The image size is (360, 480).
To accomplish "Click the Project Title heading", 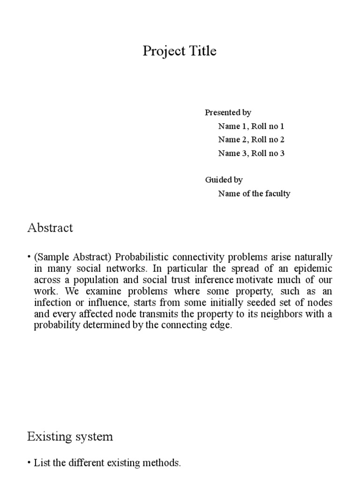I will [180, 51].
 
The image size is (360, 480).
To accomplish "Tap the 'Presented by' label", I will [228, 112].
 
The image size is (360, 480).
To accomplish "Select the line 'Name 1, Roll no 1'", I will [251, 126].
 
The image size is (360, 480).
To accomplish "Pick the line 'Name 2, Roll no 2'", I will [251, 140].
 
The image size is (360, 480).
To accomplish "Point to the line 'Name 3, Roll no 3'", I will [251, 153].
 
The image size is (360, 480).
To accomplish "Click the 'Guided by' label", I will [224, 180].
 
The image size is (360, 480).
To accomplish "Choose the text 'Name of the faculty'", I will [254, 193].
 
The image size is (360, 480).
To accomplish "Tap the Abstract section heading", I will [50, 228].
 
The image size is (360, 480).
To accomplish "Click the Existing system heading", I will [70, 437].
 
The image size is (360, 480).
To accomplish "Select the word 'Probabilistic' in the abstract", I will [141, 257].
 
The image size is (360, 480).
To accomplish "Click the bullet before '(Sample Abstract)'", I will [30, 257].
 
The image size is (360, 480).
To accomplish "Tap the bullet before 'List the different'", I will [30, 463].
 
